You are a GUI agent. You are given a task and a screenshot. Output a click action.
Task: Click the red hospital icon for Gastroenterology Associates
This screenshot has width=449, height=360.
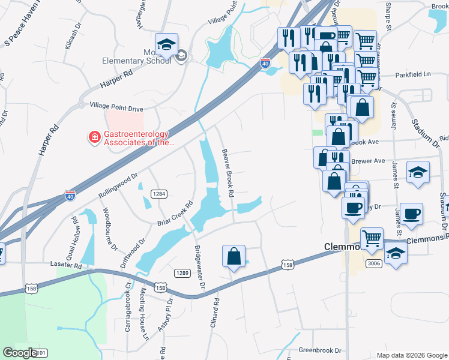[94, 138]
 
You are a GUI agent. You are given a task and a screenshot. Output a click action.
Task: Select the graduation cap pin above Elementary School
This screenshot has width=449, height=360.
[166, 45]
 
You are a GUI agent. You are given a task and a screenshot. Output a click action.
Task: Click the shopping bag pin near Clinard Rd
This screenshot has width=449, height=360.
[234, 257]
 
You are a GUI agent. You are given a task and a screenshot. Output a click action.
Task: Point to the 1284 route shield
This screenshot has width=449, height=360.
[159, 194]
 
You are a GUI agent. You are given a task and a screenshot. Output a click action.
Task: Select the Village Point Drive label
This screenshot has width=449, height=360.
[116, 109]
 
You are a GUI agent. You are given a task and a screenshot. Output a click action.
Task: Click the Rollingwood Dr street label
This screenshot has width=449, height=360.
[118, 187]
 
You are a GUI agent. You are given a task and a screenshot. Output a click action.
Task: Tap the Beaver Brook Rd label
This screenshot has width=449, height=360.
[227, 174]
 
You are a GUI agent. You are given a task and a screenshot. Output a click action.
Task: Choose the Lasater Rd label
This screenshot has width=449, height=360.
[66, 265]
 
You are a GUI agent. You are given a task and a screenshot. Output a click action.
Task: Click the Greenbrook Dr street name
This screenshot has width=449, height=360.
[320, 350]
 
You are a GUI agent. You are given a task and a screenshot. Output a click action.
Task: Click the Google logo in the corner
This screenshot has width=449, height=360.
[20, 353]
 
